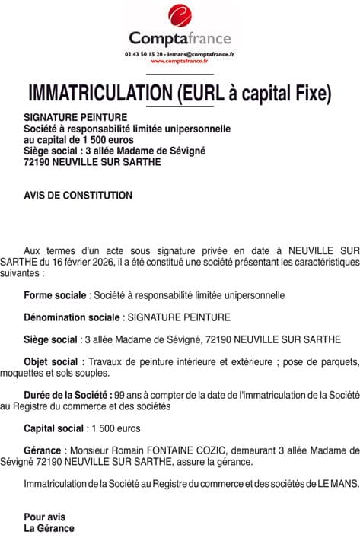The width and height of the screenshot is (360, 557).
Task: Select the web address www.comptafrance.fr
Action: click(180, 62)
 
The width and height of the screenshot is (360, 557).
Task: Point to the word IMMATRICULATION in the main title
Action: click(99, 93)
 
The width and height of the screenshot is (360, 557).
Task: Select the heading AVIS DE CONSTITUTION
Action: click(78, 196)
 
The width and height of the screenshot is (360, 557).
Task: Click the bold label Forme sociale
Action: click(56, 294)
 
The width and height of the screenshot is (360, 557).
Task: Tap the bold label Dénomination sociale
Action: click(72, 317)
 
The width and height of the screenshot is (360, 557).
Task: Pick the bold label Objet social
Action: click(52, 361)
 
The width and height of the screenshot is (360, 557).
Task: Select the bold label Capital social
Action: click(54, 428)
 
